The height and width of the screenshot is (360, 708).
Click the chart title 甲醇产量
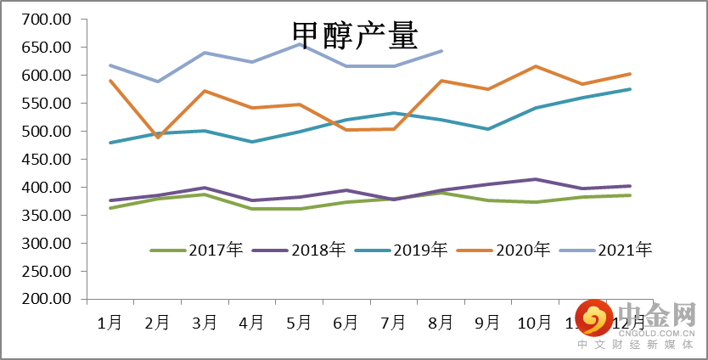coord(355,35)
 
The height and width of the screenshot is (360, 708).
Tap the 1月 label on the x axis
coord(110,323)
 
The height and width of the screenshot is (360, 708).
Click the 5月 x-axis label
coord(298,323)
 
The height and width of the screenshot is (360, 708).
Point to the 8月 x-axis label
coord(440,323)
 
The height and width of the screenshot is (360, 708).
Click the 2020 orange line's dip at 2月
coord(158,137)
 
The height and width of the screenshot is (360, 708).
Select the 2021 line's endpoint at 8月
coord(441,51)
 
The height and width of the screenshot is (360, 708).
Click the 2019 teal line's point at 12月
coord(629,89)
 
